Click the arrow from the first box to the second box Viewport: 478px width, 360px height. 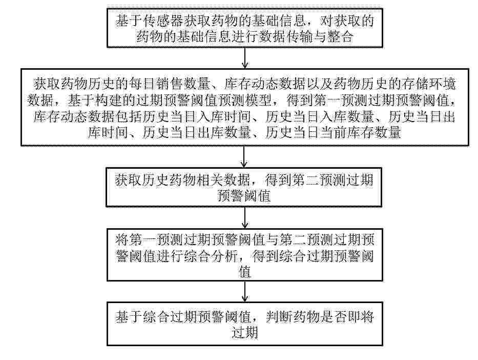pos(244,57)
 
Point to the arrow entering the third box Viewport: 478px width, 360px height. pos(244,156)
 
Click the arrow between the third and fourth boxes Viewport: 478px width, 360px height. pos(244,217)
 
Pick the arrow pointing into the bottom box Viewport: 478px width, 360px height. pos(244,292)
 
